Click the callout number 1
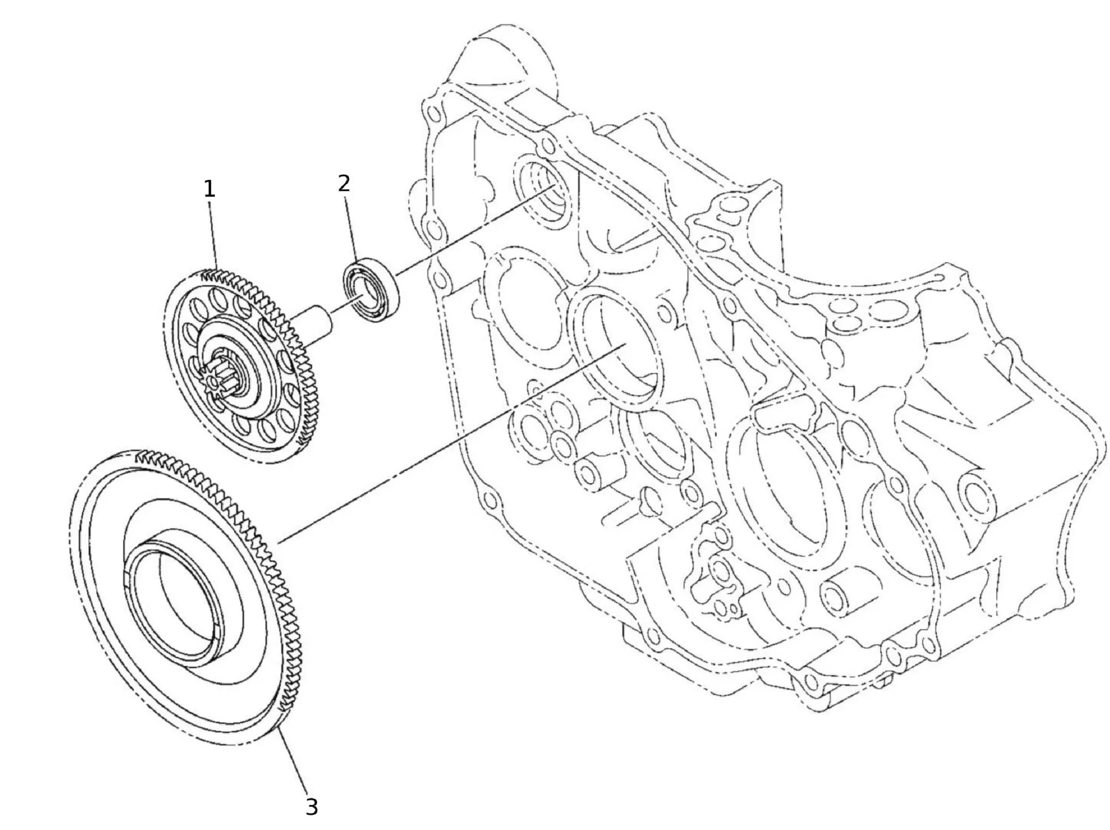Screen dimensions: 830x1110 (x=209, y=190)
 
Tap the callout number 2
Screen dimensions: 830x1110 (x=344, y=183)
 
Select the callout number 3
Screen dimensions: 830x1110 (x=312, y=807)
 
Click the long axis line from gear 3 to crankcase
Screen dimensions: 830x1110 (x=444, y=444)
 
